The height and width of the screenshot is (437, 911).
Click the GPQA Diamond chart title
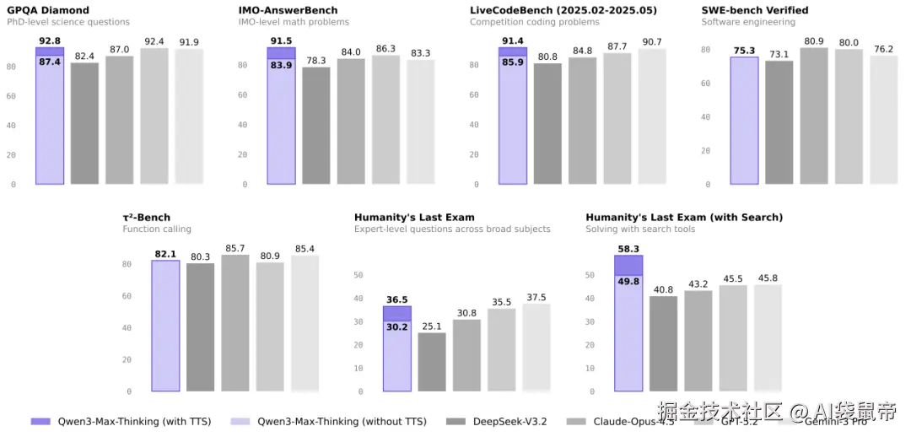tap(47, 10)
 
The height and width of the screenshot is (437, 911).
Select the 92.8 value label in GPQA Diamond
tap(50, 40)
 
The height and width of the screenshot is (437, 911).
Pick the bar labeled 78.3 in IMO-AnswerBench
tap(316, 126)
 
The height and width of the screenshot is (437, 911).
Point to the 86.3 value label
tap(385, 49)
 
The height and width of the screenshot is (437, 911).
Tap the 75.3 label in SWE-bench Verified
tap(744, 50)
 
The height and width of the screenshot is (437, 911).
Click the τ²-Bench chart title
tap(146, 218)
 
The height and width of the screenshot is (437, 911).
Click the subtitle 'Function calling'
tap(157, 229)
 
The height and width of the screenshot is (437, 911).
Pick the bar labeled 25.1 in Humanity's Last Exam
tap(432, 362)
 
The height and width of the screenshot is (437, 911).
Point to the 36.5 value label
tap(396, 299)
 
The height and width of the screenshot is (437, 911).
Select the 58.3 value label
tap(628, 249)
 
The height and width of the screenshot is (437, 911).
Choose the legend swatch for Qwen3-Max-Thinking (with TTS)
tap(40, 421)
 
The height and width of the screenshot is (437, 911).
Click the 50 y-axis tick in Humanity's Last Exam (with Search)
tap(591, 275)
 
